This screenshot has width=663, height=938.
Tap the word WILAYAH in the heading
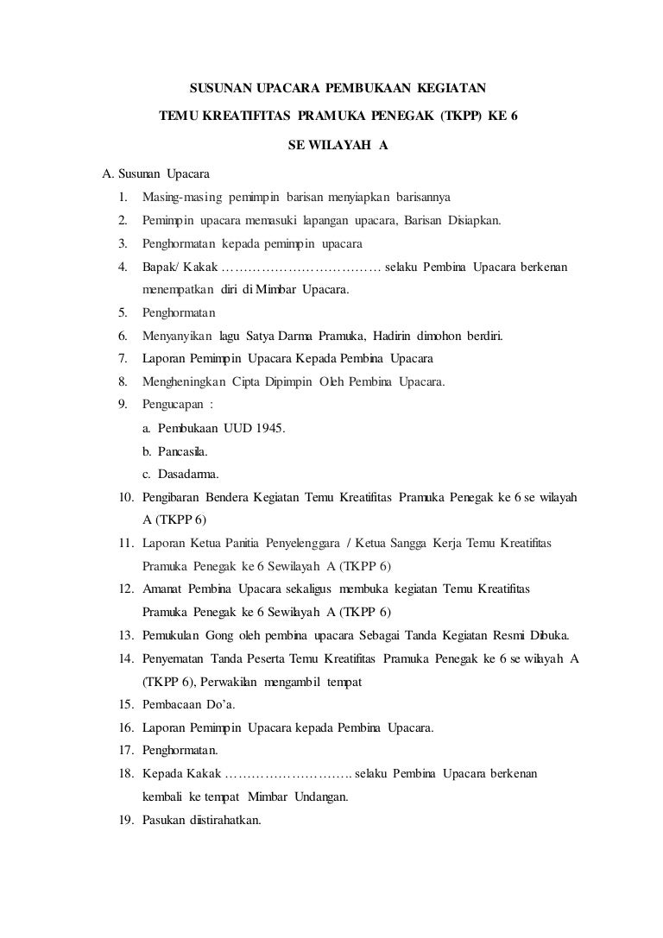(x=339, y=144)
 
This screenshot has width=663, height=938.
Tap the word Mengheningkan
(x=184, y=381)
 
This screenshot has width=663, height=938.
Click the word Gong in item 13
(x=220, y=636)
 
